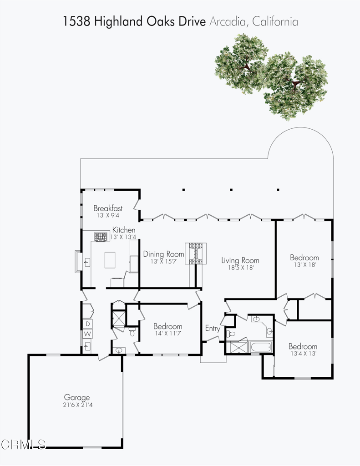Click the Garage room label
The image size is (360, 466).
point(76,397)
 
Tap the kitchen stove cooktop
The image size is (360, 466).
point(100,236)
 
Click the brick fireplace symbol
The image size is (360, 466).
point(196,253)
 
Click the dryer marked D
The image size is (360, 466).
point(88,324)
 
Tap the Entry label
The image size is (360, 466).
point(213,329)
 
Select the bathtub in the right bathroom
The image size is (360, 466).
point(260,348)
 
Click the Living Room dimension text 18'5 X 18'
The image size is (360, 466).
point(240,268)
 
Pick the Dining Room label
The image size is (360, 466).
point(164,254)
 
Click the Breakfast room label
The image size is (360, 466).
point(108,208)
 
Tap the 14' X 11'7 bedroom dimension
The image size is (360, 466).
point(167,334)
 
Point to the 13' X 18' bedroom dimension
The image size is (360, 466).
point(304,264)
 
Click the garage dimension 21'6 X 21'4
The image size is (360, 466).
point(76,405)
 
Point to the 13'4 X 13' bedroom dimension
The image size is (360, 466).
point(303,353)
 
